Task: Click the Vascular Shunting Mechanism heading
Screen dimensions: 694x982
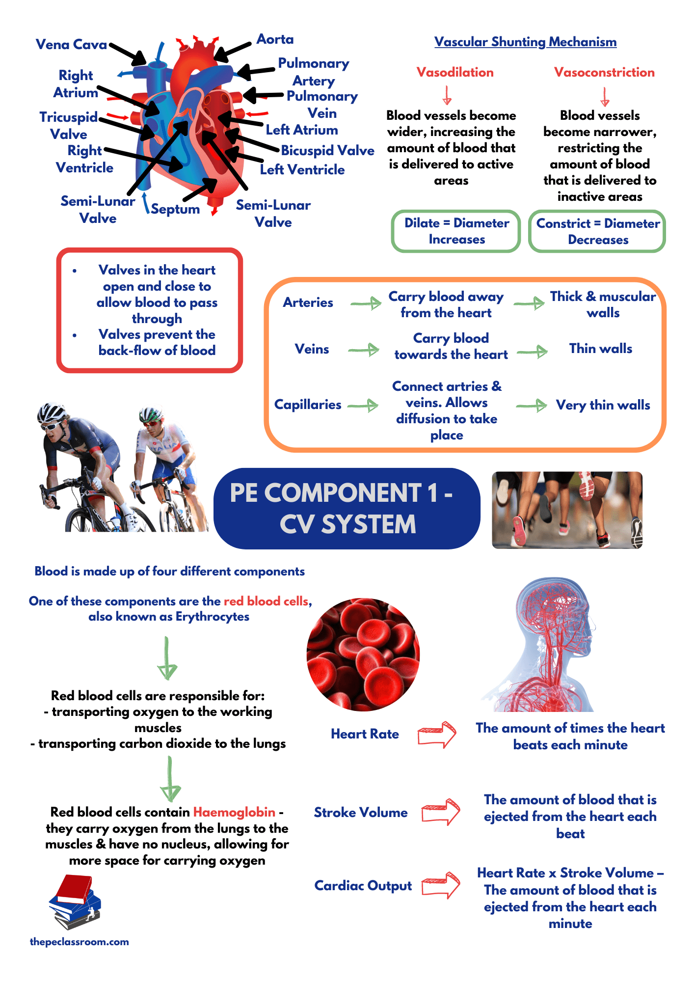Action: click(525, 42)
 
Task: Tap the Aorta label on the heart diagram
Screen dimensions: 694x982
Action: click(275, 39)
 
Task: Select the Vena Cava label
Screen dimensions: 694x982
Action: click(71, 45)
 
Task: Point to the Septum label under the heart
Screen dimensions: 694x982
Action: click(175, 209)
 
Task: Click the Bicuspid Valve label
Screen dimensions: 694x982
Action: click(327, 151)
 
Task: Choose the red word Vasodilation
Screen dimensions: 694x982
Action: click(455, 73)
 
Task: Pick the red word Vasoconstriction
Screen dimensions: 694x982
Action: click(604, 73)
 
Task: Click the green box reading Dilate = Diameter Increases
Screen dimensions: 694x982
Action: click(456, 231)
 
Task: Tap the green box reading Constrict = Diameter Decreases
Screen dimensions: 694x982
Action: click(597, 231)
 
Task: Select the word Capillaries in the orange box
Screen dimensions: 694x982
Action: click(308, 405)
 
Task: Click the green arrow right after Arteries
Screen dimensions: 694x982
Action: click(366, 303)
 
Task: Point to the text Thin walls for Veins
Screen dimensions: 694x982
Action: click(601, 349)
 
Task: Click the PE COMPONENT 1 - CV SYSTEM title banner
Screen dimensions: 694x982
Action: click(347, 508)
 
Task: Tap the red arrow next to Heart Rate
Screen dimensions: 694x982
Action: click(437, 735)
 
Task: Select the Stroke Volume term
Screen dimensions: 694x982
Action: click(361, 813)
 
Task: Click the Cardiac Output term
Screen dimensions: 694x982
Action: click(363, 886)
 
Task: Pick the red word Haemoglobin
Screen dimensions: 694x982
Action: click(234, 812)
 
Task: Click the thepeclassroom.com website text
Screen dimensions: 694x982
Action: click(80, 942)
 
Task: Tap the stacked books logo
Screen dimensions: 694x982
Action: click(75, 902)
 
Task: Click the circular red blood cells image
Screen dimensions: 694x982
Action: click(363, 655)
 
